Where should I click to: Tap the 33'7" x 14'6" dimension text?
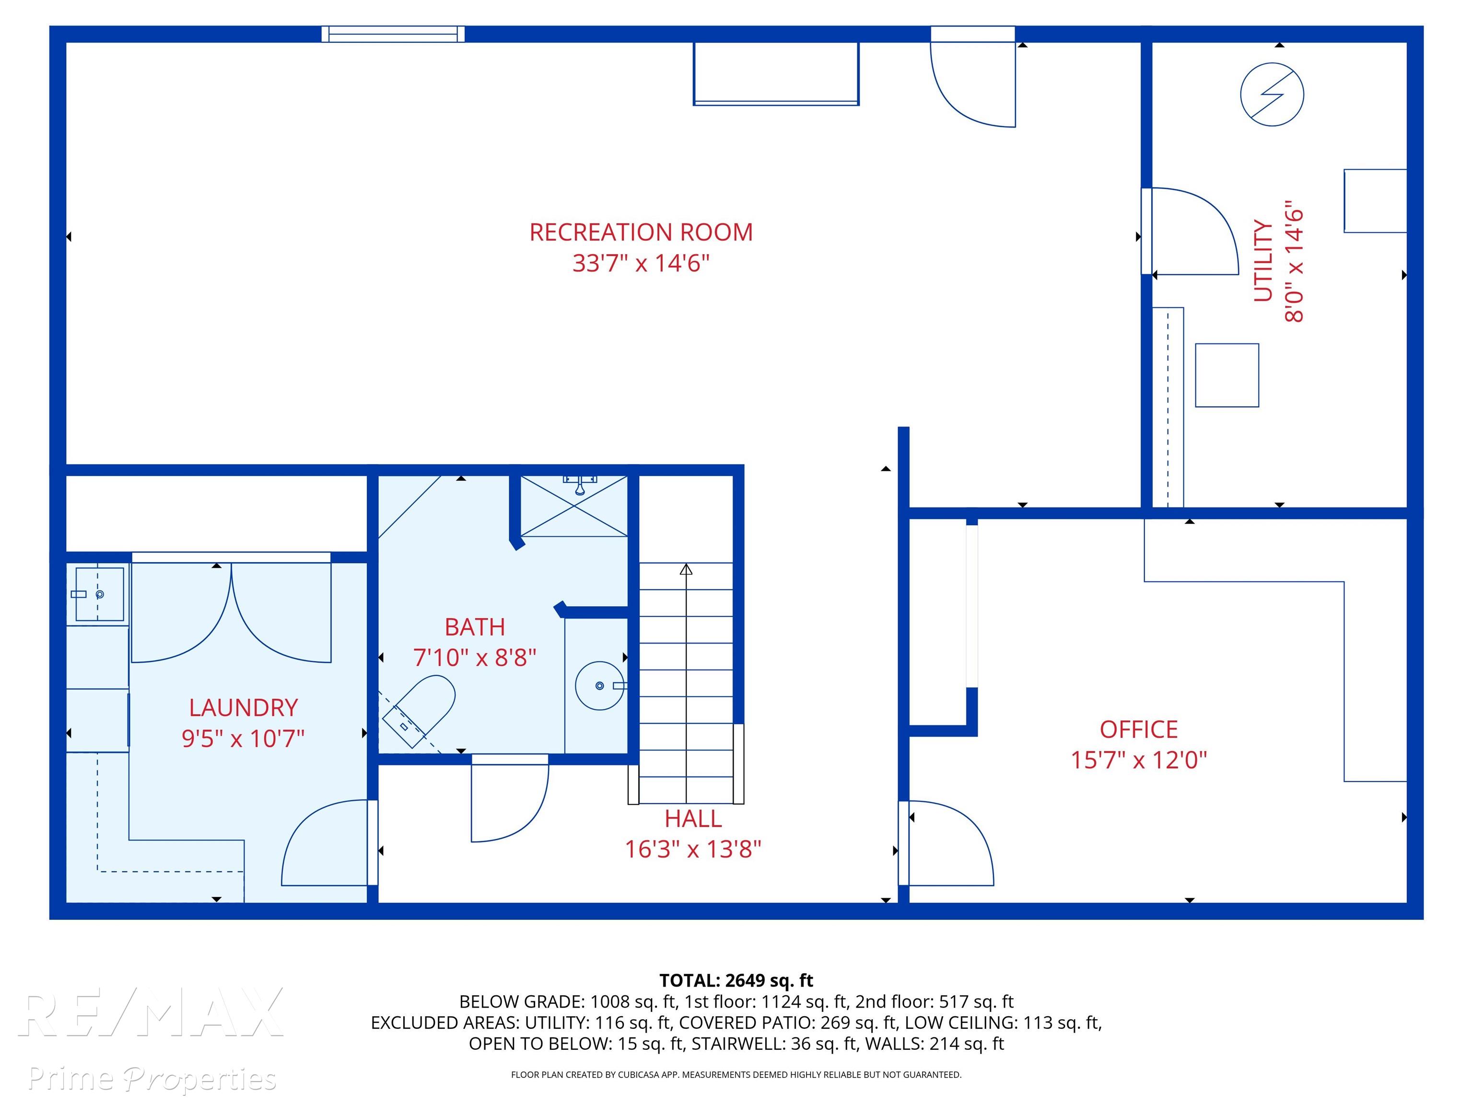pyautogui.click(x=641, y=263)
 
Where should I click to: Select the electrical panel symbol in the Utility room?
pyautogui.click(x=1272, y=94)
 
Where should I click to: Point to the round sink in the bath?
pyautogui.click(x=599, y=685)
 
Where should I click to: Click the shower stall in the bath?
pyautogui.click(x=574, y=505)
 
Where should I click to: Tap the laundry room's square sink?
pyautogui.click(x=99, y=594)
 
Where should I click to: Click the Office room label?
pyautogui.click(x=1139, y=729)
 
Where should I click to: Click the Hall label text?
pyautogui.click(x=693, y=819)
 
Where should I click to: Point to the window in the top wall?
pyautogui.click(x=393, y=34)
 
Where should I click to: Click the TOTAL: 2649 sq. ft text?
pyautogui.click(x=736, y=980)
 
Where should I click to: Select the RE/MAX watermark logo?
pyautogui.click(x=152, y=1013)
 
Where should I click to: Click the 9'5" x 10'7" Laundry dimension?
pyautogui.click(x=243, y=739)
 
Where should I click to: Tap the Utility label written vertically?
pyautogui.click(x=1263, y=260)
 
